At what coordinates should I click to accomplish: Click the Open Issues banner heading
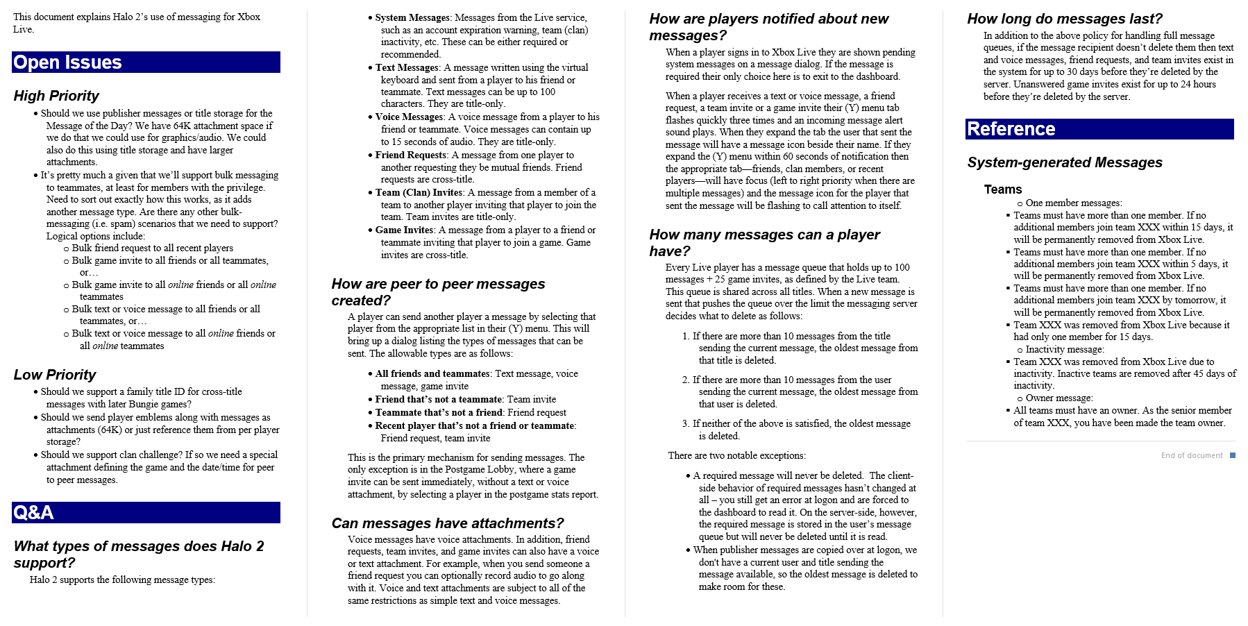[x=67, y=62]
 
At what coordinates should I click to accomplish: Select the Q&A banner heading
[x=33, y=513]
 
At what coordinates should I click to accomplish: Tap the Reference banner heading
[x=1011, y=129]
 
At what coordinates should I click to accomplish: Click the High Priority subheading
[x=56, y=96]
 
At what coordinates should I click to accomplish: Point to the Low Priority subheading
[x=55, y=375]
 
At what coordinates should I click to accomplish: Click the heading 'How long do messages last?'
[x=1064, y=19]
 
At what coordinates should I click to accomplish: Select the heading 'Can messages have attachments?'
[x=447, y=523]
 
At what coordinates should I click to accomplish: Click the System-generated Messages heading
[x=1064, y=162]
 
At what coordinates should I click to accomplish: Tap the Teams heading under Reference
[x=1002, y=189]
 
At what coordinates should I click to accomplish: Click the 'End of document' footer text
[x=1191, y=455]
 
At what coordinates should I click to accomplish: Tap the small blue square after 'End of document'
[x=1233, y=455]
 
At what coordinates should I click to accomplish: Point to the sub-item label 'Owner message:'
[x=1059, y=398]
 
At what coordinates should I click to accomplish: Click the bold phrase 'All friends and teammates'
[x=432, y=373]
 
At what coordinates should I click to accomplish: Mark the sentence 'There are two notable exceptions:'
[x=736, y=455]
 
